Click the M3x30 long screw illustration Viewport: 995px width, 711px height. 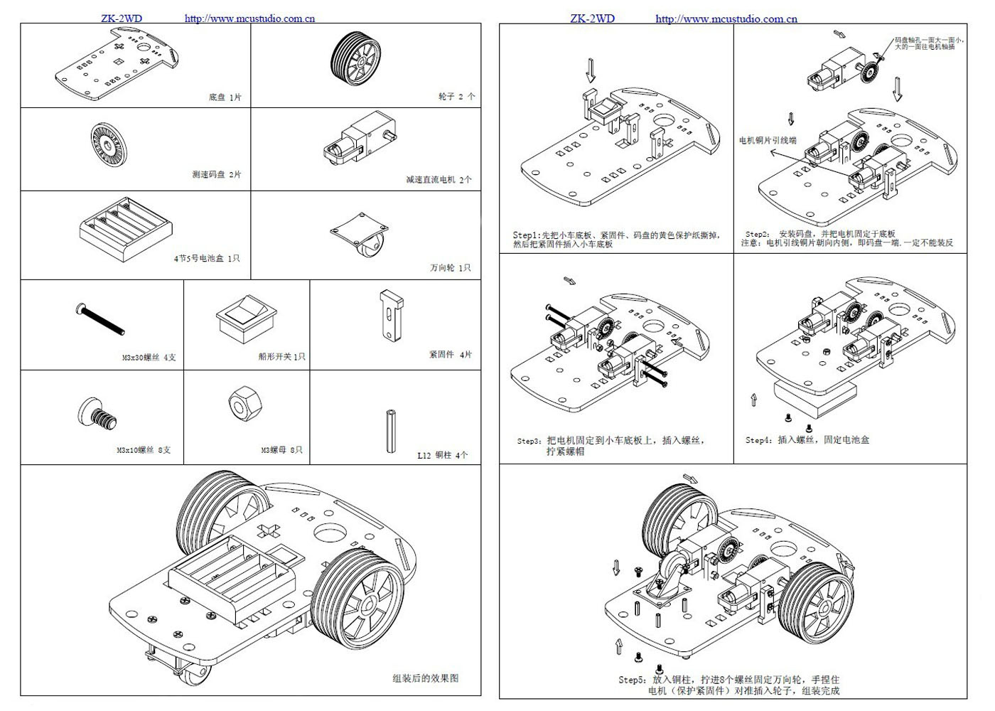coord(100,319)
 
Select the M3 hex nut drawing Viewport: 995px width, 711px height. coord(245,405)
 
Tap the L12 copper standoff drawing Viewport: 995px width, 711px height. coord(390,430)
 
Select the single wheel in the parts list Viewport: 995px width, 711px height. coord(355,60)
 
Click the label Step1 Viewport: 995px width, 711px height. coord(527,235)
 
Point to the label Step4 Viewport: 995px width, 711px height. coord(758,440)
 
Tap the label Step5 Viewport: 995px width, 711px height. coord(632,680)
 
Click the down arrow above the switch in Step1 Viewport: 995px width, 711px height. coord(590,70)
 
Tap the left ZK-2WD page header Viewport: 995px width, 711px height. coord(122,18)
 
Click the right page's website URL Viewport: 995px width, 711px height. coord(726,19)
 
